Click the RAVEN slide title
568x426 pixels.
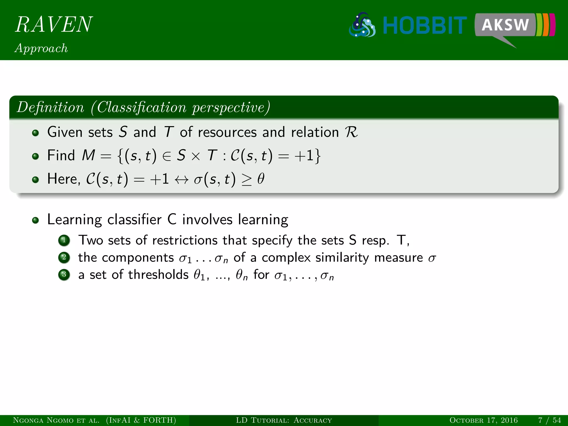(54, 24)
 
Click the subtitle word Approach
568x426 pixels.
(41, 48)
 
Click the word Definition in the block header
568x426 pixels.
(50, 107)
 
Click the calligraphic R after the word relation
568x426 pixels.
(351, 132)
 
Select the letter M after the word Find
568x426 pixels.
(88, 155)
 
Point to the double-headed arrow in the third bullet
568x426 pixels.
(181, 179)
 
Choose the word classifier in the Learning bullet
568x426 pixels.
(134, 220)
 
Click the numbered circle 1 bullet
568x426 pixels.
(64, 240)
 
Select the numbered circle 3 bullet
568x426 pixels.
(64, 275)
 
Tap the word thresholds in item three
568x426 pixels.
(158, 275)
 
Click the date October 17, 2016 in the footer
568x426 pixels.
(483, 420)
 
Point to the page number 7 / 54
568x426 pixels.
(549, 420)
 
